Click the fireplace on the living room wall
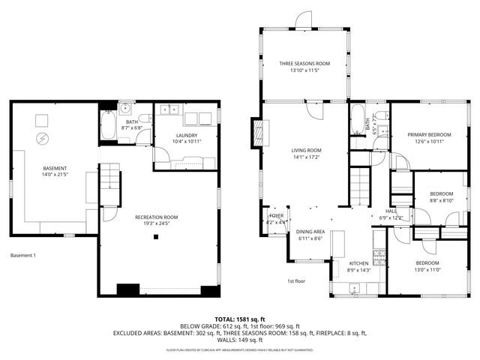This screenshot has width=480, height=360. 259,133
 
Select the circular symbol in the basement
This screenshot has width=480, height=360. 43,139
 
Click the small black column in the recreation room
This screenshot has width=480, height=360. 156,238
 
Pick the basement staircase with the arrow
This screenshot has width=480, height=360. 110,179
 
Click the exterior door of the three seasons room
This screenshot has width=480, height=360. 304,20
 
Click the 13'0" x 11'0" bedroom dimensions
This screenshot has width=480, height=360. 427,268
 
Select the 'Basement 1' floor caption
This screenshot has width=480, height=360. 23,256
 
